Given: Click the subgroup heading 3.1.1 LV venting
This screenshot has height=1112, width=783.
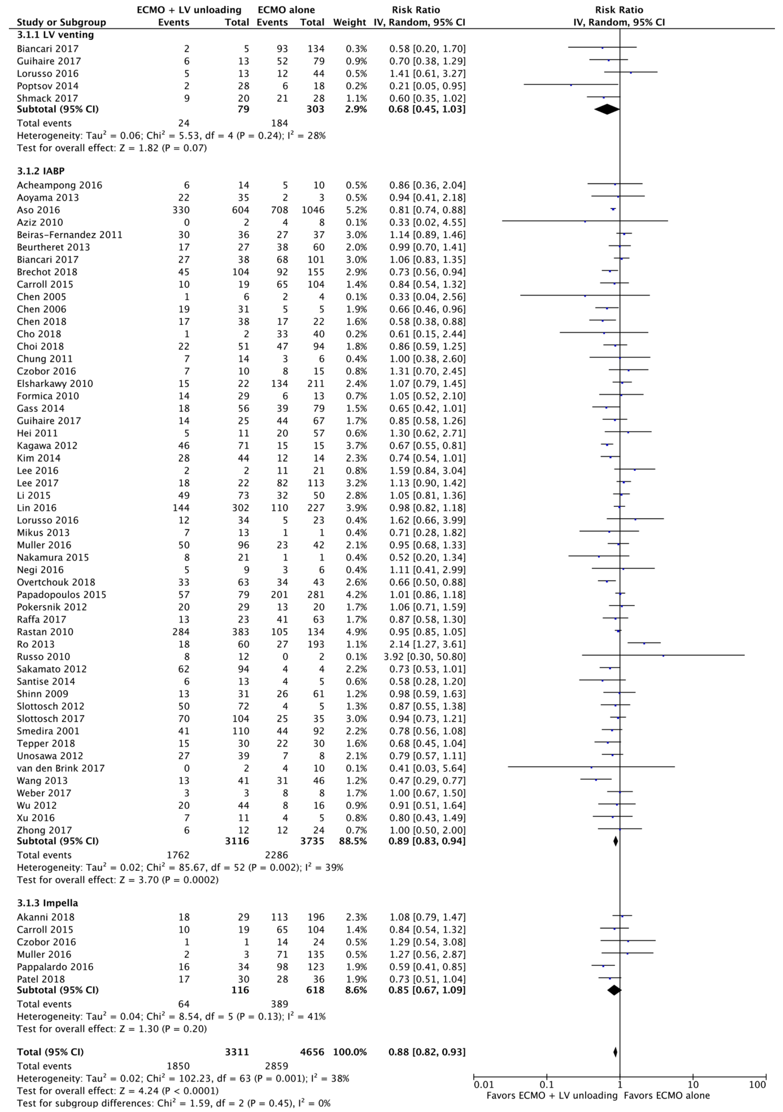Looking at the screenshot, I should [x=55, y=35].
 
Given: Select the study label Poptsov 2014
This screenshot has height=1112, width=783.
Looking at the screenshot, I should [x=47, y=86].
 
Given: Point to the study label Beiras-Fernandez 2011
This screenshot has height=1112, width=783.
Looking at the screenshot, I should [x=69, y=235].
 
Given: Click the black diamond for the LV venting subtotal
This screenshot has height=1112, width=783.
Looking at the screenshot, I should [x=607, y=110].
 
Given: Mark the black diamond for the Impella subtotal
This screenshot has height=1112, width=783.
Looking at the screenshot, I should [x=614, y=990].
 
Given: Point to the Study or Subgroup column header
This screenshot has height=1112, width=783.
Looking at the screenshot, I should [x=61, y=22].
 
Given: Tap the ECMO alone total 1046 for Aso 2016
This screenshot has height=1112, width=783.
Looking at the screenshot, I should [x=312, y=210].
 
